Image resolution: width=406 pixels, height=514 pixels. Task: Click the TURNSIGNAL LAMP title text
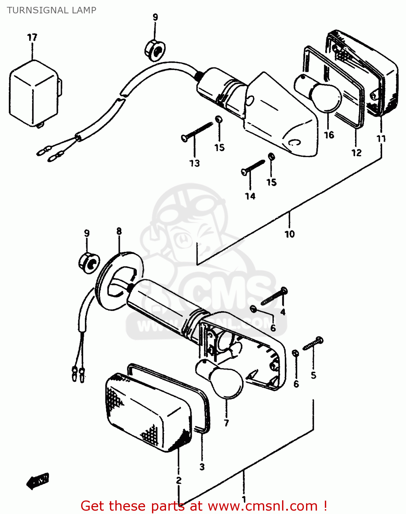(x=52, y=10)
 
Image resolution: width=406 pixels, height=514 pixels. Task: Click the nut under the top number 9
(x=155, y=50)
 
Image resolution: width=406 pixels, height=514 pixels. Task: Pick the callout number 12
(x=356, y=152)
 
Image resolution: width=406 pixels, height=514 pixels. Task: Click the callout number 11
(x=381, y=138)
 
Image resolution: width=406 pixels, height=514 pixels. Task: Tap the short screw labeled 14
(x=253, y=167)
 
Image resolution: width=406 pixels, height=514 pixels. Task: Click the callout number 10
(x=290, y=234)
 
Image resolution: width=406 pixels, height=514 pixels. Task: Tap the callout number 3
(x=202, y=467)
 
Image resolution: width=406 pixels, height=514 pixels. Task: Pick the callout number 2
(x=179, y=480)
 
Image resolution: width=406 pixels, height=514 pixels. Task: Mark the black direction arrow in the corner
(x=38, y=481)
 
